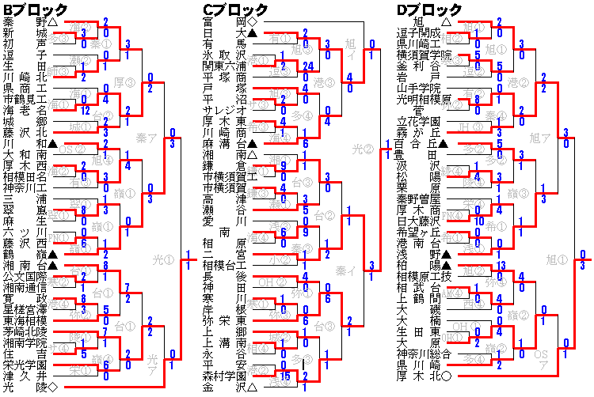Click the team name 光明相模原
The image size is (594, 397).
click(x=424, y=99)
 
